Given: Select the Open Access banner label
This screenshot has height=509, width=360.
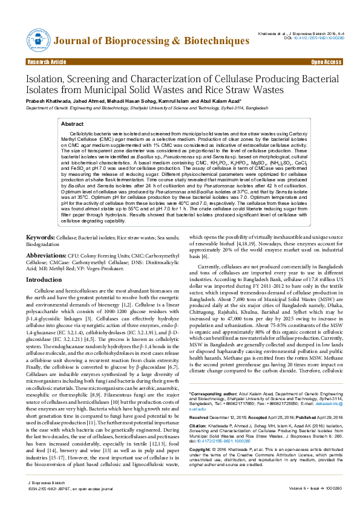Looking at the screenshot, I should tap(326, 62).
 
